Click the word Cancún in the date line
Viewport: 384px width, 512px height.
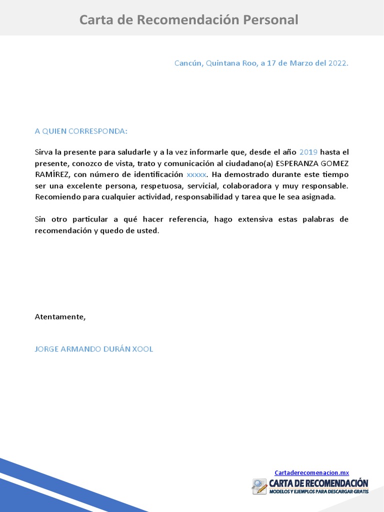coord(188,63)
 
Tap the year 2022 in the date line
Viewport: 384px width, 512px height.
coord(337,63)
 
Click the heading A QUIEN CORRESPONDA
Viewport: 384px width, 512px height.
coord(81,131)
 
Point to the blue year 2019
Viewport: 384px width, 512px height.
coord(308,152)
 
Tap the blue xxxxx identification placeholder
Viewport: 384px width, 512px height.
coord(196,174)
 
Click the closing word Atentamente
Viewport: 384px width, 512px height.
coord(60,317)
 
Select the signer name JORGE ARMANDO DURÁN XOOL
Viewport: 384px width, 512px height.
coord(94,349)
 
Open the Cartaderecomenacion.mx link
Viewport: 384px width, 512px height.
coord(311,472)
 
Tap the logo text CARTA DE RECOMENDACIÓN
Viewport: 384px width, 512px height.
coord(318,483)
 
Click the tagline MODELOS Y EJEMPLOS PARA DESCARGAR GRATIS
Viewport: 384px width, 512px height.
coord(318,492)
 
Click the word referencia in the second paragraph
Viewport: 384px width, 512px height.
coord(189,219)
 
